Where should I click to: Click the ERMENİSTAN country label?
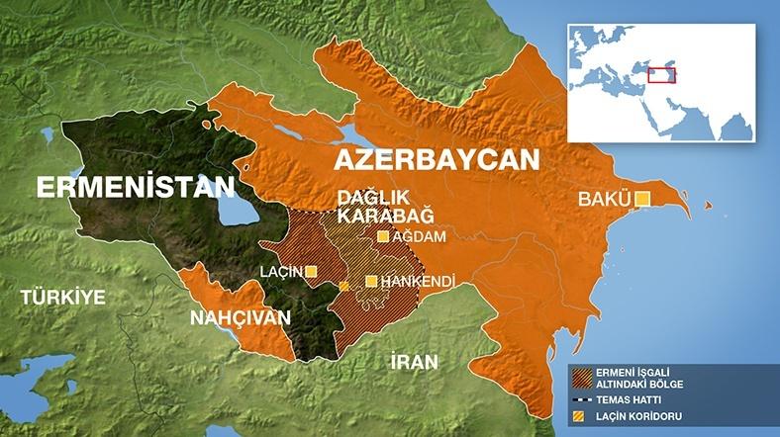point(136,187)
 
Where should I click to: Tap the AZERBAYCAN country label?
point(437,160)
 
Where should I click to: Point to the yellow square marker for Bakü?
point(642,200)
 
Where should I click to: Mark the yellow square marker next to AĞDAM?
point(382,237)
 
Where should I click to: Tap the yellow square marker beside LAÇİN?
point(312,271)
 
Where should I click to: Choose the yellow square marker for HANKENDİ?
point(371,282)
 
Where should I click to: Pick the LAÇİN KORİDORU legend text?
point(641,416)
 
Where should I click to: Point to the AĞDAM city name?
point(420,237)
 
